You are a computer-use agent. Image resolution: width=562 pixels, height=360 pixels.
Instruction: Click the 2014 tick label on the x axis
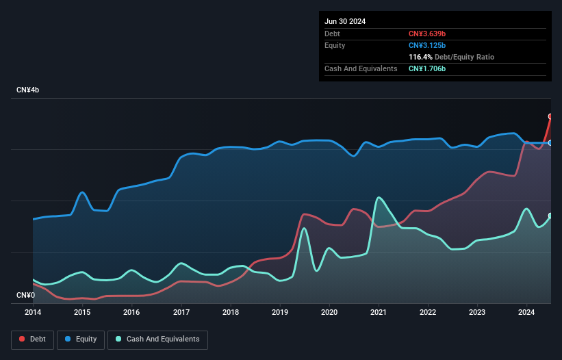33,313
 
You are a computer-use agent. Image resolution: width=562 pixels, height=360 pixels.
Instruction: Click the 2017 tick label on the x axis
181,313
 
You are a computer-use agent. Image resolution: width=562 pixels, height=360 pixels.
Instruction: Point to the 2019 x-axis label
280,313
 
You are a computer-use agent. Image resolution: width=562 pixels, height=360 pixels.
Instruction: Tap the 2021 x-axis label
379,313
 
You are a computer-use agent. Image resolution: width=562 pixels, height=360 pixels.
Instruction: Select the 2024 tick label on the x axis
527,313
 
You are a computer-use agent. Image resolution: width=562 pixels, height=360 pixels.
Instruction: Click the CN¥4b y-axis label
28,90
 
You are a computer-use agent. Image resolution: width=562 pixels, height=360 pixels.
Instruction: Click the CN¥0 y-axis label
25,296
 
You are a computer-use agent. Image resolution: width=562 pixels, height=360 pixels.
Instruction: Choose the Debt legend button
32,339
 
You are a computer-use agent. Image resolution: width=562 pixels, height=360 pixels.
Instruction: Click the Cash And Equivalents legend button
157,339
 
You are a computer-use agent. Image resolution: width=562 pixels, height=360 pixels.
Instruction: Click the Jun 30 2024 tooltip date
345,21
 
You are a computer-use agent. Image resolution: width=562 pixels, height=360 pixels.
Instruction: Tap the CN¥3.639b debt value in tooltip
427,34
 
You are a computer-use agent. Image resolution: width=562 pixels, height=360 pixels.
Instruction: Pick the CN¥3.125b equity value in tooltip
427,45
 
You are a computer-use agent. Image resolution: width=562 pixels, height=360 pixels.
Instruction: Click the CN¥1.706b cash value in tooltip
427,68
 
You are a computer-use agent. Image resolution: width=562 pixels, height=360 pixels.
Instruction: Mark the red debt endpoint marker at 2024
550,116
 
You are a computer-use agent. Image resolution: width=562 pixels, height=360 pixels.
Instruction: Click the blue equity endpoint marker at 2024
550,143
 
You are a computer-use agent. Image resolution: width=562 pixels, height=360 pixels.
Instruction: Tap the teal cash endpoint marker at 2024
550,216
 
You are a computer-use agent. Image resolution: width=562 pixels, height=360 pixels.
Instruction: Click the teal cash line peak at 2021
378,198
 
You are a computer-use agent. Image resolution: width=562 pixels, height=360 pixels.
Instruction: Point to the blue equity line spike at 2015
82,192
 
